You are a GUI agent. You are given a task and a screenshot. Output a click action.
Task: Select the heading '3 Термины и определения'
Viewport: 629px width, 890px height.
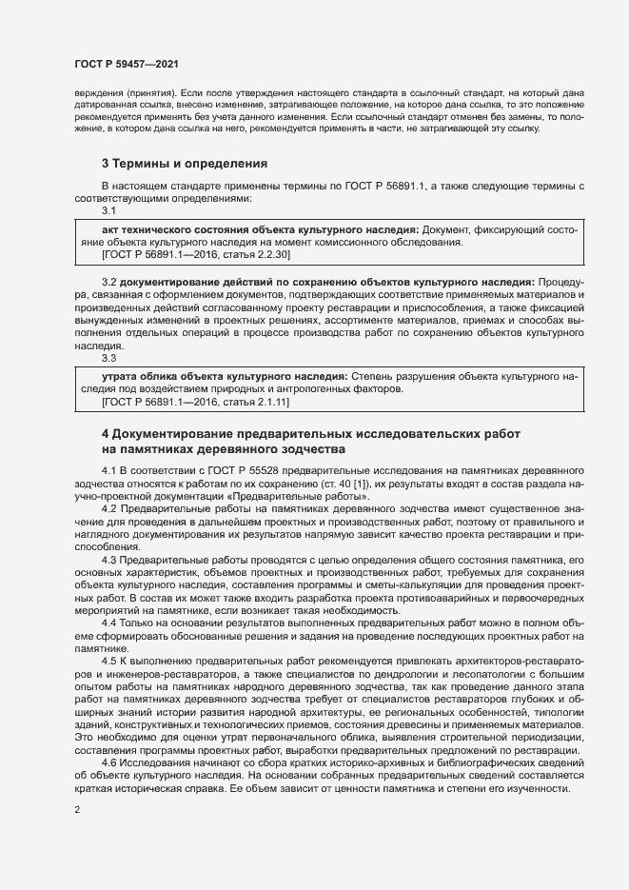[x=184, y=164]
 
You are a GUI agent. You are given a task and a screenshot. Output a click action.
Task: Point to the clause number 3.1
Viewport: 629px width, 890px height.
[x=108, y=210]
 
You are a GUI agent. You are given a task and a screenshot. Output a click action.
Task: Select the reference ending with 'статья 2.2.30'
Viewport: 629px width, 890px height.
[x=196, y=255]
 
